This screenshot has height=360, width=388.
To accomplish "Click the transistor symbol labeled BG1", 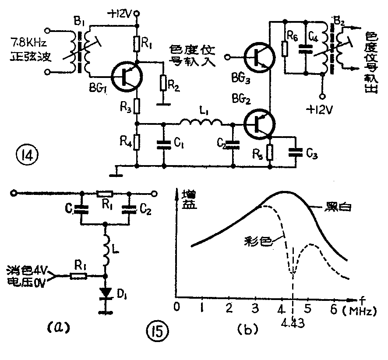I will (x=126, y=77).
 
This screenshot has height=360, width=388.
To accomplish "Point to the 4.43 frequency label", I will (x=292, y=326).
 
